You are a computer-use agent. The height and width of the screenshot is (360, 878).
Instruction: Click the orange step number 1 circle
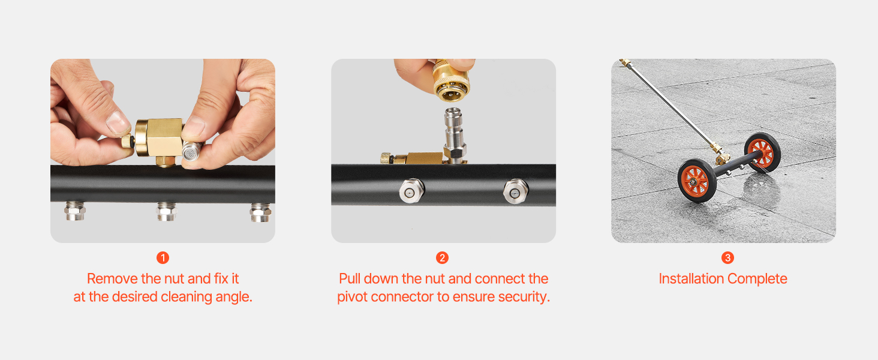pyautogui.click(x=163, y=257)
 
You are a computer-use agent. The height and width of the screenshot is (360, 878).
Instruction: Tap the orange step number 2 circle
pyautogui.click(x=442, y=257)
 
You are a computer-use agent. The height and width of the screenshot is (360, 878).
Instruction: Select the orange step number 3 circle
pyautogui.click(x=727, y=257)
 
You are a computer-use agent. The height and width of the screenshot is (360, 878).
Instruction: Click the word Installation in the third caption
pyautogui.click(x=691, y=279)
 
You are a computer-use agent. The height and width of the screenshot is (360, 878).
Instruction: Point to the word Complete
pyautogui.click(x=757, y=279)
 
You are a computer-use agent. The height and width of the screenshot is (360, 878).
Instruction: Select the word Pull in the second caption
pyautogui.click(x=349, y=279)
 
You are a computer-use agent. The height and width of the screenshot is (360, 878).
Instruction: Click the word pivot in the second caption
pyautogui.click(x=352, y=297)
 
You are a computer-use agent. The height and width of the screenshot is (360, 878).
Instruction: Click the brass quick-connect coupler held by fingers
pyautogui.click(x=451, y=80)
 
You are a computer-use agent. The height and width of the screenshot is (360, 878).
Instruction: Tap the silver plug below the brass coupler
pyautogui.click(x=454, y=134)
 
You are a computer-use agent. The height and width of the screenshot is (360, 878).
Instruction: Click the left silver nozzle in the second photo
pyautogui.click(x=411, y=191)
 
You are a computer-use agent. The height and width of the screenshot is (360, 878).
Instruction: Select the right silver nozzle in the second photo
pyautogui.click(x=516, y=191)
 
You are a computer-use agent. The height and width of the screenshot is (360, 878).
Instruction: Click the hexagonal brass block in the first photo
pyautogui.click(x=160, y=138)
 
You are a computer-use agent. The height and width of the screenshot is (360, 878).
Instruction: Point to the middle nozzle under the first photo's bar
pyautogui.click(x=167, y=211)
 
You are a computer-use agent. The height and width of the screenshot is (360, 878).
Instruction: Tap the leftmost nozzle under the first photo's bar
pyautogui.click(x=75, y=211)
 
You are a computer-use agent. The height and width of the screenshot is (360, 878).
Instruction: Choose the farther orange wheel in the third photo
pyautogui.click(x=762, y=152)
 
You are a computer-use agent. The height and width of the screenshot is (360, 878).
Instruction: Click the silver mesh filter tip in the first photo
pyautogui.click(x=190, y=151)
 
